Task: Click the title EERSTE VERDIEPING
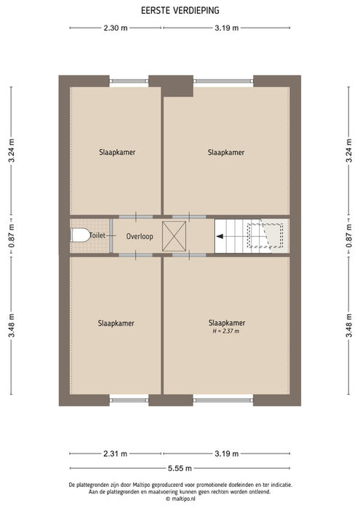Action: [180, 10]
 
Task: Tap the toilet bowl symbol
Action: [80, 235]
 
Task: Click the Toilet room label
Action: [97, 235]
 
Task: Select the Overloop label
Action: [140, 236]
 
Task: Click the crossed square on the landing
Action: [174, 236]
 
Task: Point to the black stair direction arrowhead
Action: [220, 236]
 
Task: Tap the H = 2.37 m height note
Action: [226, 331]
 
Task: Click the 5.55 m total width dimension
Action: [180, 468]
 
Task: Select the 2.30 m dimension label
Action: [116, 28]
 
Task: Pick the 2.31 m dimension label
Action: [115, 453]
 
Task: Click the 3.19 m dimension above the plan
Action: [226, 28]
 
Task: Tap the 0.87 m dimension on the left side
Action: [12, 236]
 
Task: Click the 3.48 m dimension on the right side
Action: [348, 326]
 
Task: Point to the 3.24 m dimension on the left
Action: [12, 150]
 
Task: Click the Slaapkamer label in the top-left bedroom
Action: [117, 153]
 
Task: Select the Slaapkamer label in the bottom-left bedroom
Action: [116, 323]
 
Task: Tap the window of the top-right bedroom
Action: [223, 81]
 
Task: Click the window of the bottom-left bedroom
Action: [129, 400]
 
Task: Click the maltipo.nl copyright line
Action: [180, 499]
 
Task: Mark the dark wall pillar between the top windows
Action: [171, 86]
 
